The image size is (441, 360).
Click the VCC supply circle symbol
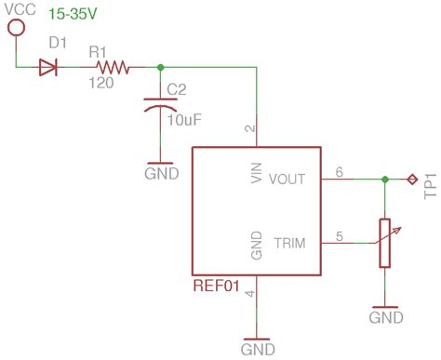(x=16, y=27)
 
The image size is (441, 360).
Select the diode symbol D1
(x=49, y=66)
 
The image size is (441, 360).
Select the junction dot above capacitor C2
(x=161, y=66)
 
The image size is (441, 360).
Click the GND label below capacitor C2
(x=161, y=173)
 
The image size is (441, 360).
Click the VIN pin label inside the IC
(x=258, y=173)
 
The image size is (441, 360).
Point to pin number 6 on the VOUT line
(x=339, y=170)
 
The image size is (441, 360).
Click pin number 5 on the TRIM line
(x=339, y=234)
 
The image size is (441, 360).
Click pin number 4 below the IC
(x=248, y=294)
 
